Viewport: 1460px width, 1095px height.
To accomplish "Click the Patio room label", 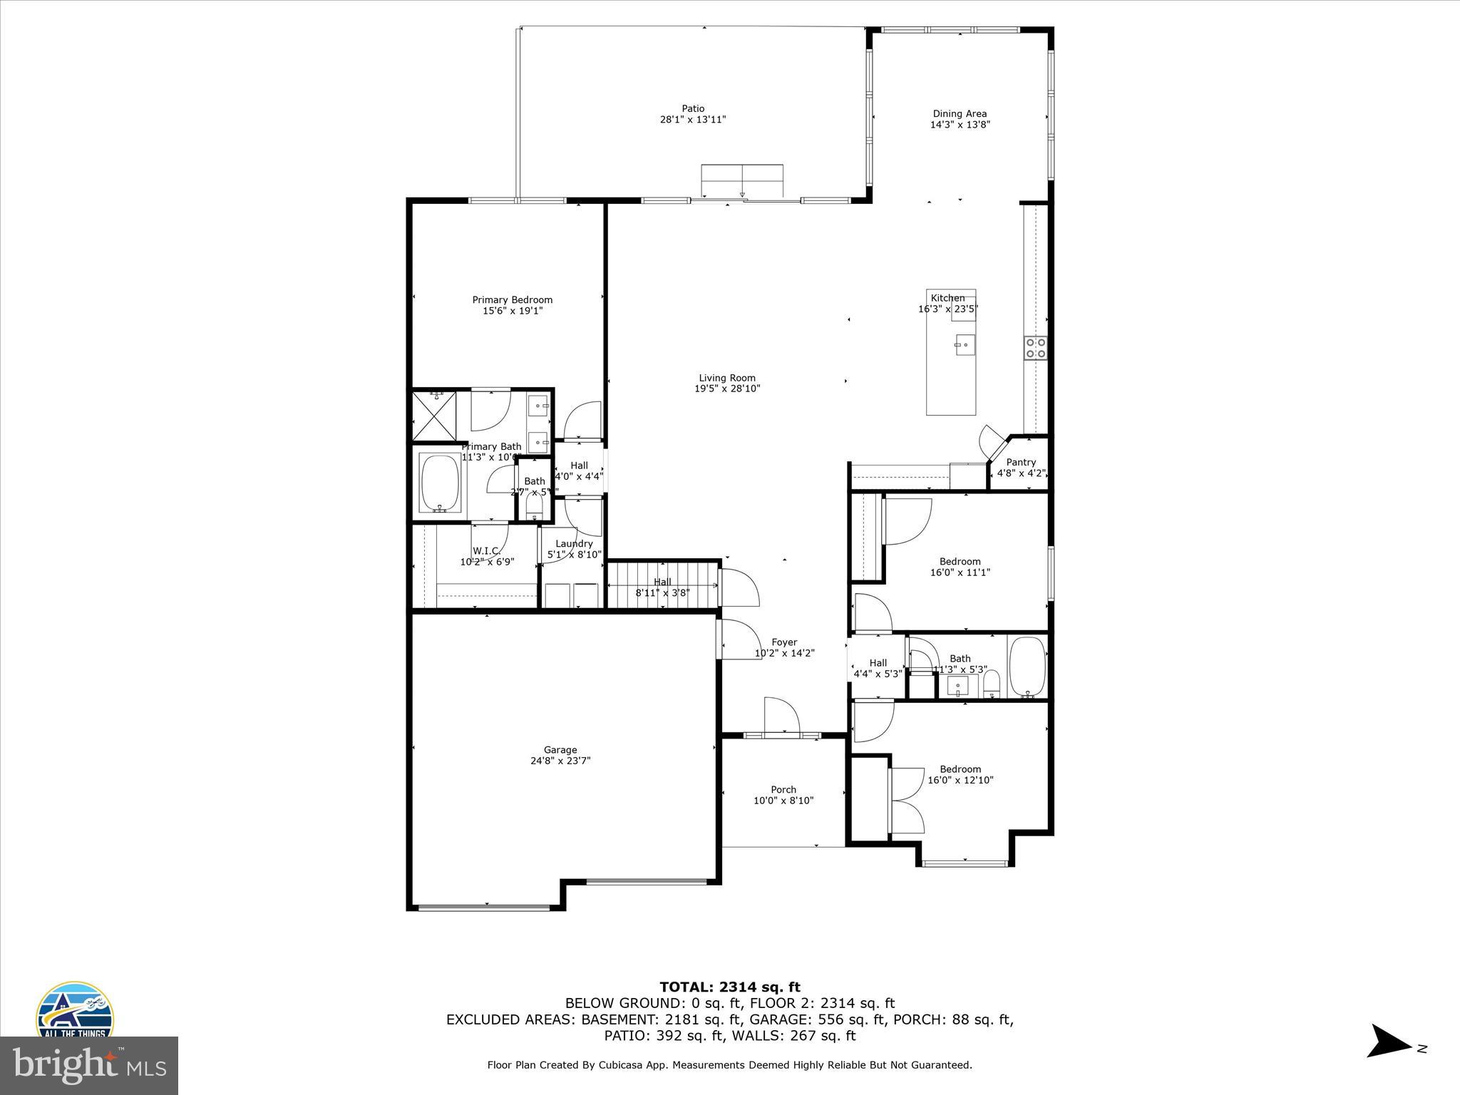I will click(692, 109).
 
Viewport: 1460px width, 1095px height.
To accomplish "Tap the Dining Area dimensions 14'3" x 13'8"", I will click(960, 125).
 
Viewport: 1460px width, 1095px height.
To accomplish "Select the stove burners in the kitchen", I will click(1035, 348).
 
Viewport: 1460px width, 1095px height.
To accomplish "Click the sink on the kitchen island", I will click(965, 345).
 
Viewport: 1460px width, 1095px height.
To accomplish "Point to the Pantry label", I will click(1021, 463).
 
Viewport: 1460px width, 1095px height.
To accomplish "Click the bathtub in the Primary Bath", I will click(440, 483).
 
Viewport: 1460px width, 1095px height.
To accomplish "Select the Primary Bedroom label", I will click(512, 300).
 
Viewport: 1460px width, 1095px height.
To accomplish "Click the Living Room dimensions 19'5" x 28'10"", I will click(726, 389).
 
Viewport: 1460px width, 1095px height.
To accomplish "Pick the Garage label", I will click(560, 750).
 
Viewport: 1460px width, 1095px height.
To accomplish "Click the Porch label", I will click(783, 790).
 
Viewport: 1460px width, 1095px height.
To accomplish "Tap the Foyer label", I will click(784, 642).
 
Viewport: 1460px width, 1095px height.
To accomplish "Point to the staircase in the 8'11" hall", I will click(662, 585).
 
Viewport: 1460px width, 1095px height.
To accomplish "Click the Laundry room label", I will click(574, 544).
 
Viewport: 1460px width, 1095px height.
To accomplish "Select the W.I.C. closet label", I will click(486, 551).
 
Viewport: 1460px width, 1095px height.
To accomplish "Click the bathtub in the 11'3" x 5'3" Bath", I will click(1027, 667).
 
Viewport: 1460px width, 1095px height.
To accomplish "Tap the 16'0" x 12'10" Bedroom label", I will click(960, 769).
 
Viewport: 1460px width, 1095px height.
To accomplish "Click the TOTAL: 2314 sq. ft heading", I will click(729, 987).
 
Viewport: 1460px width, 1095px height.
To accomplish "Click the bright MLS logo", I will click(88, 1065).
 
